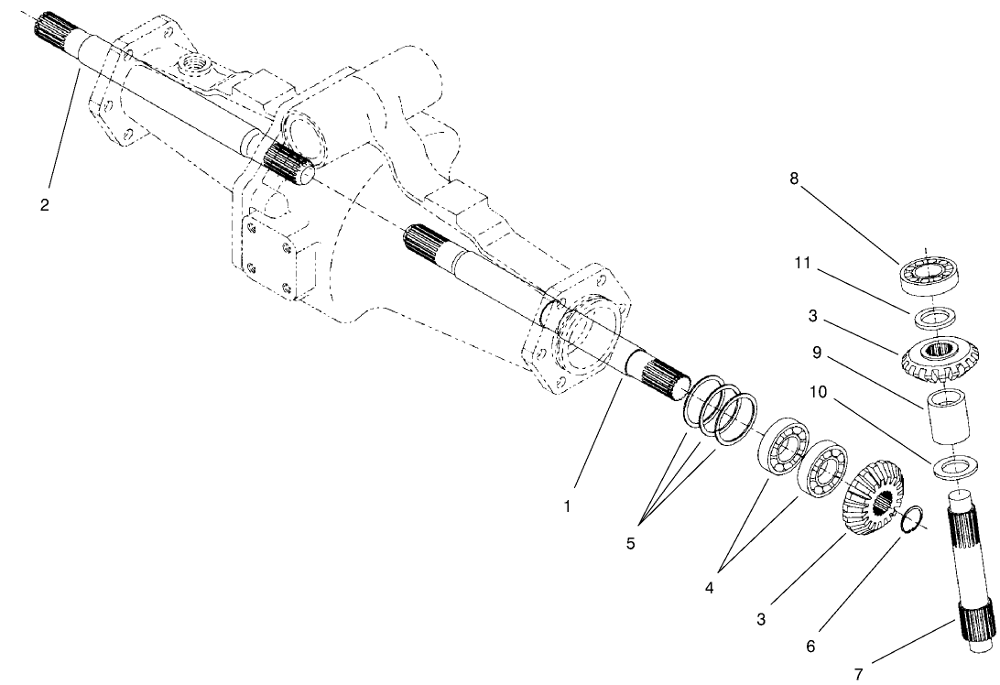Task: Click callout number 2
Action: pyautogui.click(x=44, y=204)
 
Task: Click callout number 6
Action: pyautogui.click(x=811, y=645)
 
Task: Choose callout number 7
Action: pyautogui.click(x=858, y=674)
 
